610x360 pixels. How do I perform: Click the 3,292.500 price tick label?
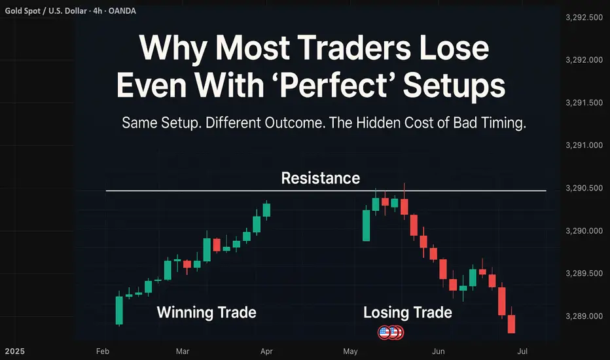584,18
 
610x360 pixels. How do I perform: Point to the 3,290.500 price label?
584,189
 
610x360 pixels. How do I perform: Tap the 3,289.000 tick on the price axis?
584,316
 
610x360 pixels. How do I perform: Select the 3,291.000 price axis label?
584,145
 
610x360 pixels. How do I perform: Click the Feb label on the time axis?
103,351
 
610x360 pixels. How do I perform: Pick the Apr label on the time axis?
266,351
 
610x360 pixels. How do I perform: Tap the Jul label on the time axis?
522,351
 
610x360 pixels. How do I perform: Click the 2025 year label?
15,351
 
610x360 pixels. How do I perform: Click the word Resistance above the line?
321,178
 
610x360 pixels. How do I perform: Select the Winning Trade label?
207,312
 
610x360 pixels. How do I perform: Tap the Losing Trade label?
408,312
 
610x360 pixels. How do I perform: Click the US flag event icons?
391,333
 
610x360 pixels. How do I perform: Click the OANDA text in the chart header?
122,11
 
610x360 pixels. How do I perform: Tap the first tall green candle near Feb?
119,310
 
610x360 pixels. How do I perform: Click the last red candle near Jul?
511,324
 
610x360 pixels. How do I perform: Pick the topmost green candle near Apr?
266,209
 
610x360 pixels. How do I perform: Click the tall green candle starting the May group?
366,225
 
